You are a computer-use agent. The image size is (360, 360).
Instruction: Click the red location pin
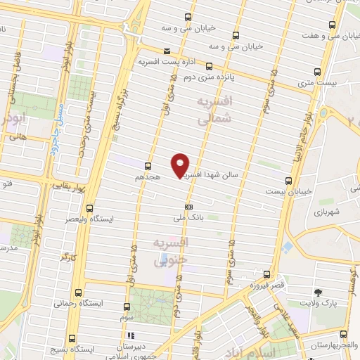pyautogui.click(x=181, y=165)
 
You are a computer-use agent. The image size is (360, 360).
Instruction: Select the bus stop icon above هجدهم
pyautogui.click(x=148, y=166)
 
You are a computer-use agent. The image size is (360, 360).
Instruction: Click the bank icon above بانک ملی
pyautogui.click(x=188, y=207)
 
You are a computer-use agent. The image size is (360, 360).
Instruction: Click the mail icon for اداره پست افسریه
pyautogui.click(x=167, y=51)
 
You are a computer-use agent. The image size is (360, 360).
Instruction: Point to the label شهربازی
pyautogui.click(x=328, y=212)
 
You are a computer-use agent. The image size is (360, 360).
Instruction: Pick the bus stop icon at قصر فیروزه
pyautogui.click(x=266, y=274)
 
